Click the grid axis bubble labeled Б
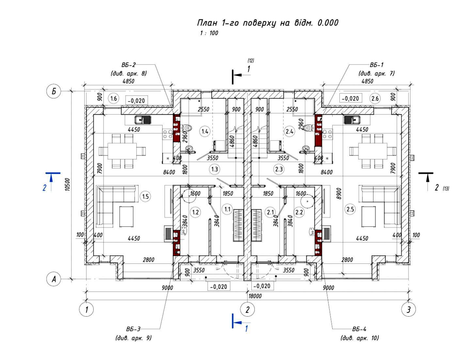54,91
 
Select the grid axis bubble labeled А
54,279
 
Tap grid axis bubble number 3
408,309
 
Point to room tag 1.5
145,196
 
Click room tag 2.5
350,209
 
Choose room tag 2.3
279,169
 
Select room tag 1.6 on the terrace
114,98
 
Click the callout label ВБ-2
128,65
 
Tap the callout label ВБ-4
359,329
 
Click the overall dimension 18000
255,296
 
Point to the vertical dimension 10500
67,184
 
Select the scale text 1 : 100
209,33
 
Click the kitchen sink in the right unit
352,120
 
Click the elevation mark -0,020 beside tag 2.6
350,98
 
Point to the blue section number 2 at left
45,187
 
